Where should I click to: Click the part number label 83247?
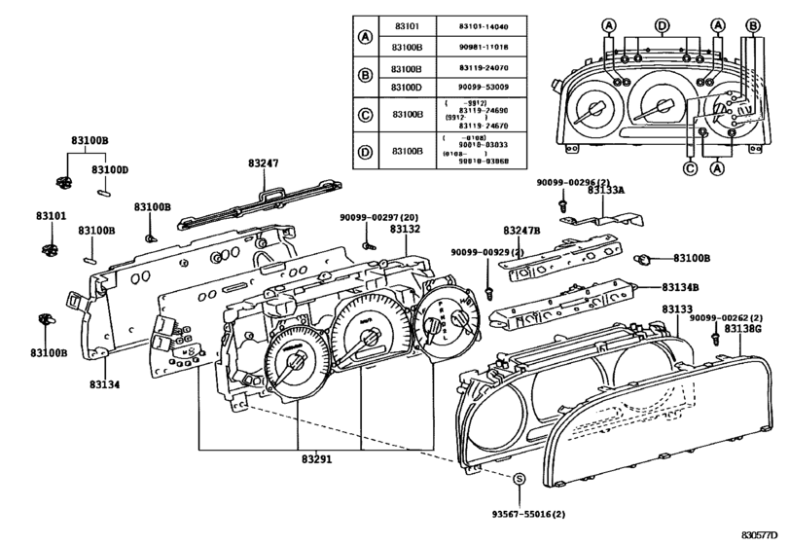coord(263,164)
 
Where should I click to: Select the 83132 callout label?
coord(405,229)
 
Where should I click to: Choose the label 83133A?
coord(607,193)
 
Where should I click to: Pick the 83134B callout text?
coord(683,288)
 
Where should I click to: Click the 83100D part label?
coord(110,169)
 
